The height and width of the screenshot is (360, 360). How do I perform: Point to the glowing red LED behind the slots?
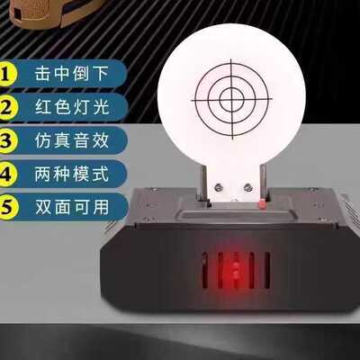coord(236,271)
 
